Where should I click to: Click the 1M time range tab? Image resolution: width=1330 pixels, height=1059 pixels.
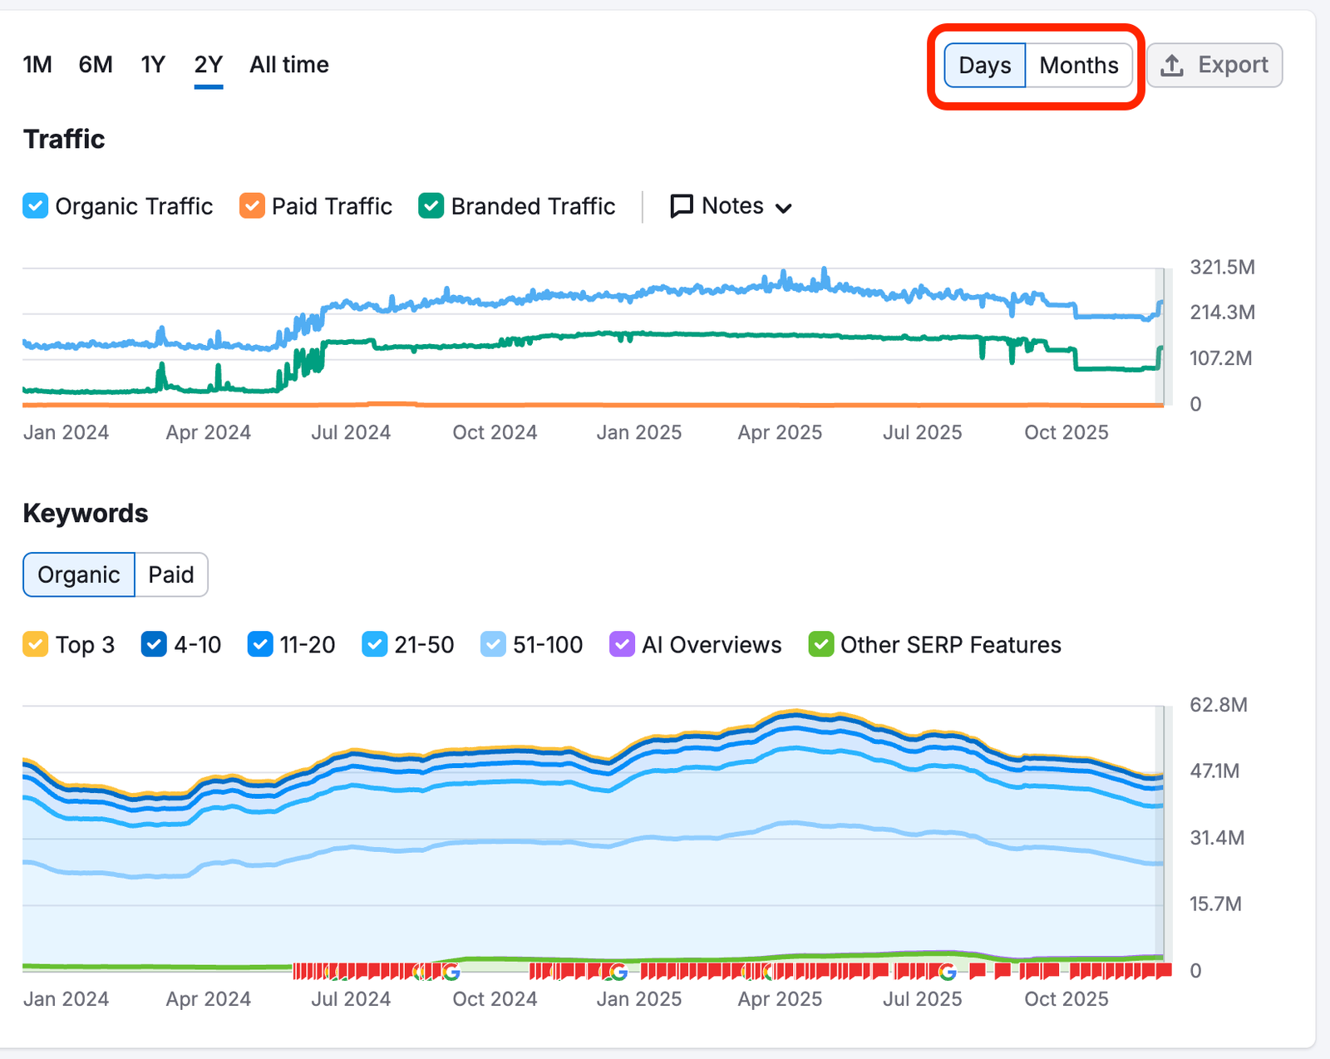(x=37, y=65)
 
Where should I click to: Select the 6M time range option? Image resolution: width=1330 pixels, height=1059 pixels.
(x=96, y=65)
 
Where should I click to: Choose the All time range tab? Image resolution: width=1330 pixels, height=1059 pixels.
(x=288, y=65)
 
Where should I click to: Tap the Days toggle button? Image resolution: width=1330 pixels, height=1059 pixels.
(x=985, y=66)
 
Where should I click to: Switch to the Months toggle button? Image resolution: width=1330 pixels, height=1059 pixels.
(x=1079, y=66)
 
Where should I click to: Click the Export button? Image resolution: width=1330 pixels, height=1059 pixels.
(x=1214, y=65)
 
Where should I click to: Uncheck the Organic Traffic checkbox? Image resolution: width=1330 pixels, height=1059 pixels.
(x=36, y=206)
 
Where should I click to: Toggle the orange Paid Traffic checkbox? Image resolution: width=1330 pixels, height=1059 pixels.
(x=252, y=206)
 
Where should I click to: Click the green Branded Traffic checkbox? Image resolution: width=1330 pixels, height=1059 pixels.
(x=431, y=206)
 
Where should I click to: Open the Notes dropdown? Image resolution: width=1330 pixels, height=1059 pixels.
(x=731, y=206)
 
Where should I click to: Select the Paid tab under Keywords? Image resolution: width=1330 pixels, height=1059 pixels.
(x=171, y=574)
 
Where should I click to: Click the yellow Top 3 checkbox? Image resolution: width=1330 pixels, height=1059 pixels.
(x=36, y=644)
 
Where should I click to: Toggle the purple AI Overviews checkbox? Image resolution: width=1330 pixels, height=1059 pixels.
(x=622, y=644)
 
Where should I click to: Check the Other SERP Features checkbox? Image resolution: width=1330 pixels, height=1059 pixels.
(x=820, y=644)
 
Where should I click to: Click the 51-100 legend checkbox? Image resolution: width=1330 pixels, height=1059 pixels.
(x=493, y=644)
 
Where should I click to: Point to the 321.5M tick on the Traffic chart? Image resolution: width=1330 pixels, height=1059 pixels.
(x=1222, y=268)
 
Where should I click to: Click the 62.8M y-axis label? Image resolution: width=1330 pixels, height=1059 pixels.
(x=1219, y=705)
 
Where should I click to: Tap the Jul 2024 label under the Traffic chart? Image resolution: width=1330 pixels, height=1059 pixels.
(x=351, y=432)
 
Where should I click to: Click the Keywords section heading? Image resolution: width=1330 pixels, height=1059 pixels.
(x=86, y=514)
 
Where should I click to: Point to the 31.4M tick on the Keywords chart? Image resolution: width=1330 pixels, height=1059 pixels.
(x=1217, y=838)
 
